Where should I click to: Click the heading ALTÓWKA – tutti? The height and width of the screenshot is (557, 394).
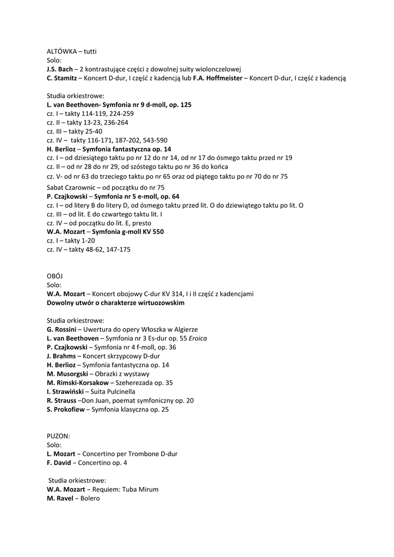(71, 51)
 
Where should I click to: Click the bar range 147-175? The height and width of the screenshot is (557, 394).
(115, 250)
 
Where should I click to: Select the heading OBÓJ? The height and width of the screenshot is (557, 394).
(55, 276)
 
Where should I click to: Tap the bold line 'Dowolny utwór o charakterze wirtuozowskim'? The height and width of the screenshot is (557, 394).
(115, 302)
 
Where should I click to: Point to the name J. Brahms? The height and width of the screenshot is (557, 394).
(61, 356)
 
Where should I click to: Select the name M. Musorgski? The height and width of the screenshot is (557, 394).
(67, 374)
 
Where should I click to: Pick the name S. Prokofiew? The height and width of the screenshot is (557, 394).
(66, 409)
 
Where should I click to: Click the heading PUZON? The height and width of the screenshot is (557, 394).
(59, 436)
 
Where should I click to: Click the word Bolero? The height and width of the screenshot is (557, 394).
(91, 498)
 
